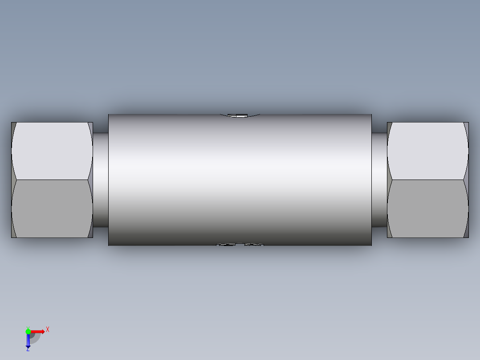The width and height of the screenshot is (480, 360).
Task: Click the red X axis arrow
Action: pos(37,331)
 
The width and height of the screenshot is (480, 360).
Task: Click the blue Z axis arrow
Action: pos(28,341)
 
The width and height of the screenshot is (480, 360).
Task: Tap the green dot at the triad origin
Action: pos(28,331)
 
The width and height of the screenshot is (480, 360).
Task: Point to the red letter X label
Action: pos(48,330)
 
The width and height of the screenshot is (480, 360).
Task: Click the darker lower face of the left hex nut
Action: pos(52,209)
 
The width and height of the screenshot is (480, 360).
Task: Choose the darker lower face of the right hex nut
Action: pos(427,209)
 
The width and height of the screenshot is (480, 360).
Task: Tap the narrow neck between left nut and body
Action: pos(101,180)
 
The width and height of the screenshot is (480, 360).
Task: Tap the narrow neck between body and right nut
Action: pos(379,180)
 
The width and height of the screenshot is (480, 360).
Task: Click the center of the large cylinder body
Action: pos(240,180)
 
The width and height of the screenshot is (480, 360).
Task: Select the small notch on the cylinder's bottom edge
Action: pos(240,244)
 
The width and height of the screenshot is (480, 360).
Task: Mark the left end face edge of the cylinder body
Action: pos(109,180)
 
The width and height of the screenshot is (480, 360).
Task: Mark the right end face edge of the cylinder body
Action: pos(371,180)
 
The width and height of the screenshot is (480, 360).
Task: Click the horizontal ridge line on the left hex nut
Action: pos(52,180)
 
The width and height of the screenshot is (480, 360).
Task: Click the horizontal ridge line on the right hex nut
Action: pos(427,180)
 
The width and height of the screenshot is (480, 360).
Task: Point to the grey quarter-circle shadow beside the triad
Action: pos(36,338)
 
